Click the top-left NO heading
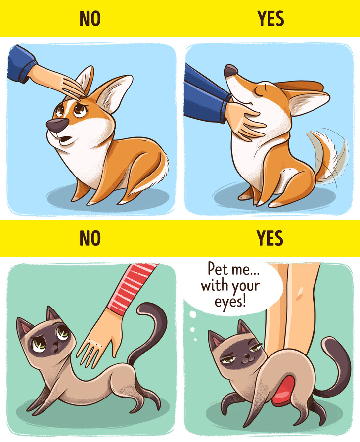click(90, 19)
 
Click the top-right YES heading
click(270, 19)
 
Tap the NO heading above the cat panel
click(90, 238)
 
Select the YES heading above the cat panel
click(270, 238)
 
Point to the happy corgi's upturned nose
click(230, 71)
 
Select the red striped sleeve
click(132, 288)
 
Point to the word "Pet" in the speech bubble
click(218, 269)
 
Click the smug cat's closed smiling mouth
click(248, 360)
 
